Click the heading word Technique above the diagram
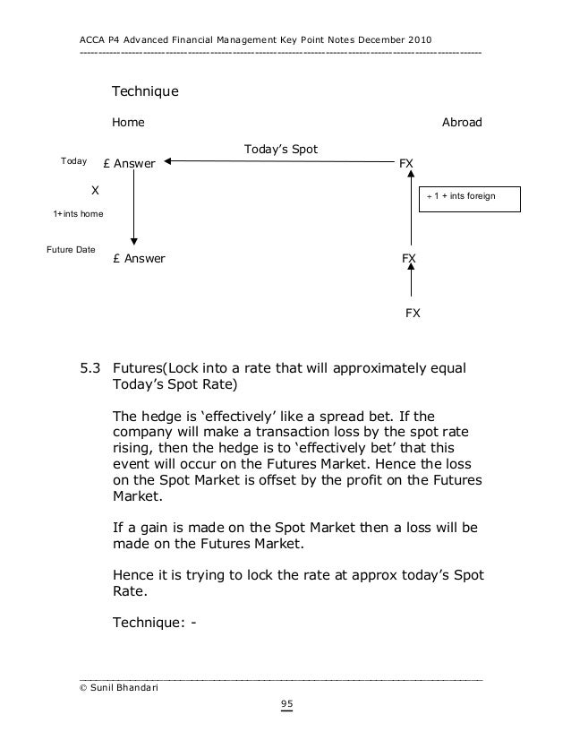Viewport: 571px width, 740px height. [144, 92]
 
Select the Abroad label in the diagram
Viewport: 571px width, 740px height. [462, 122]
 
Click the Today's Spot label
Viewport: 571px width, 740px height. [281, 148]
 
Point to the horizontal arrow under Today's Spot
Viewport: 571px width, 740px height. [277, 162]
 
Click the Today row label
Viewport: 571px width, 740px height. [72, 161]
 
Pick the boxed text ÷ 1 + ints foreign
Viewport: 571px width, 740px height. [460, 195]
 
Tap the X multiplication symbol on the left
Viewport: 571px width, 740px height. [95, 191]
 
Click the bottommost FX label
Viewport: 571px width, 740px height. [413, 314]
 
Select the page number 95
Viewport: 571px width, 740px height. [286, 704]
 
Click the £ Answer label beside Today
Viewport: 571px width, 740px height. [130, 164]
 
